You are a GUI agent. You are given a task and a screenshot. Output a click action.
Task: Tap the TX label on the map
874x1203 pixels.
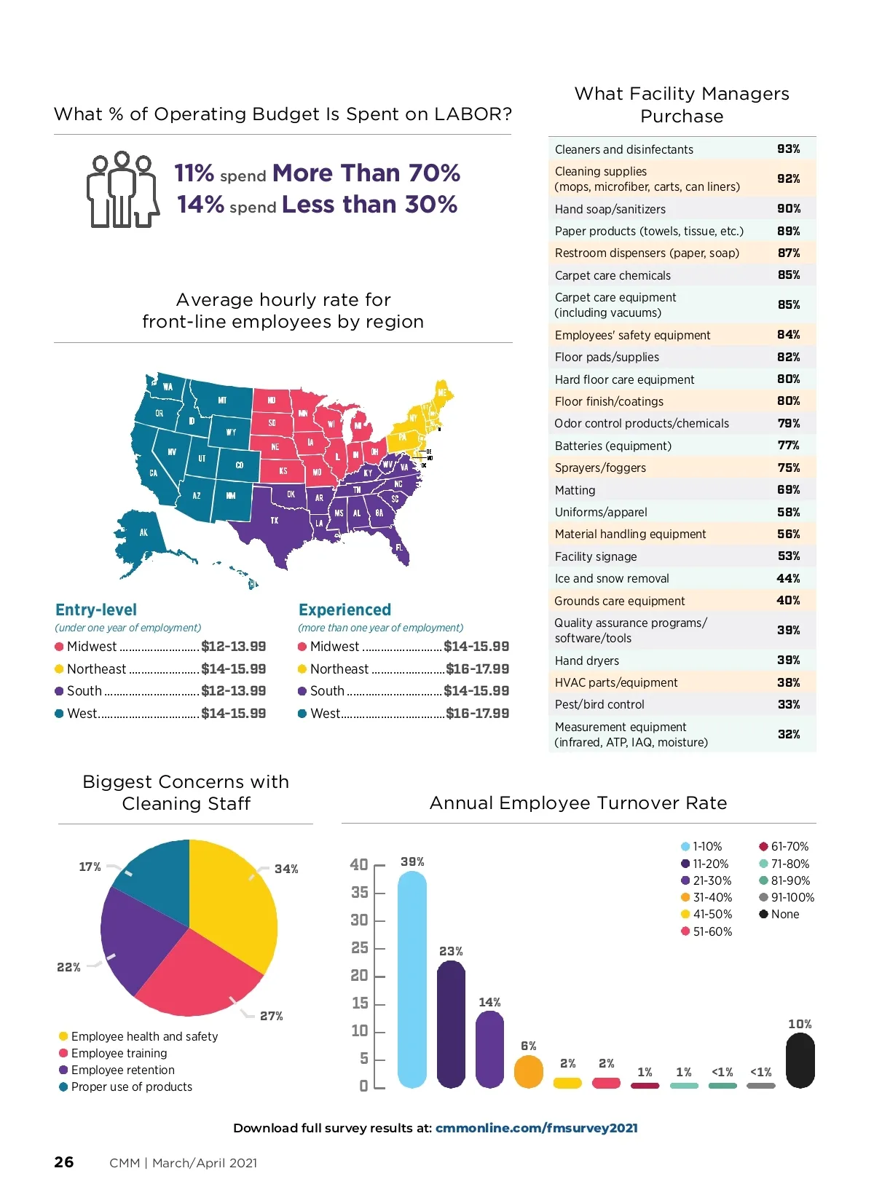(275, 521)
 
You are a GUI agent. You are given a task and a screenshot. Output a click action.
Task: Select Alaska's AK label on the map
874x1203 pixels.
(143, 532)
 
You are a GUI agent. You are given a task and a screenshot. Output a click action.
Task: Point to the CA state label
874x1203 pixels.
(154, 473)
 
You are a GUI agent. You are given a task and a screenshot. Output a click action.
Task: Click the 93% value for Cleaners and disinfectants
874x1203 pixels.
(788, 149)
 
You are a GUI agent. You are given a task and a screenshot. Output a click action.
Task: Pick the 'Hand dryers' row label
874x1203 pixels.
(586, 660)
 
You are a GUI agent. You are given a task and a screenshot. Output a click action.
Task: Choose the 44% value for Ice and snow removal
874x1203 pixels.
(788, 578)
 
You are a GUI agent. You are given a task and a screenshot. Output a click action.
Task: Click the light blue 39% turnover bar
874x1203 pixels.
(412, 979)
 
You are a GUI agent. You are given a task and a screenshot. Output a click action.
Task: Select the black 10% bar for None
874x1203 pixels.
(800, 1060)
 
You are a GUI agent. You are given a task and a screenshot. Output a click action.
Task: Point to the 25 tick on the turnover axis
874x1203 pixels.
(360, 948)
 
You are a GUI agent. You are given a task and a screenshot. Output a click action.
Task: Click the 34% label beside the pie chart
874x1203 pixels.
(286, 869)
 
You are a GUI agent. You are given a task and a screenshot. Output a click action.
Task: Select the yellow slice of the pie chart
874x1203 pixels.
(233, 903)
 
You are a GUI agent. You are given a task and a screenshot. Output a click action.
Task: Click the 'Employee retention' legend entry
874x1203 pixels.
(122, 1070)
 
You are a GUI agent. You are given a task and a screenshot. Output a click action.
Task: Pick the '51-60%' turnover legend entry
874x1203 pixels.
(712, 931)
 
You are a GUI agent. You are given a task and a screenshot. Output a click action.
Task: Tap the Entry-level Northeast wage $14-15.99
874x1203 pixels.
(233, 668)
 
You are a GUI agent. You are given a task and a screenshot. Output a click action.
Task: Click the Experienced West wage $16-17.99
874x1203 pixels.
(477, 714)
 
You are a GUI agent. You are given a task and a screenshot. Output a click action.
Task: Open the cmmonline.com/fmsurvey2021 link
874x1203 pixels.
(536, 1128)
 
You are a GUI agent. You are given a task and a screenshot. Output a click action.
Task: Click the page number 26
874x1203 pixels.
(64, 1162)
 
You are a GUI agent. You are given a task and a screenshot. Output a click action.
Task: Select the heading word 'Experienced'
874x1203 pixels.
(345, 610)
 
